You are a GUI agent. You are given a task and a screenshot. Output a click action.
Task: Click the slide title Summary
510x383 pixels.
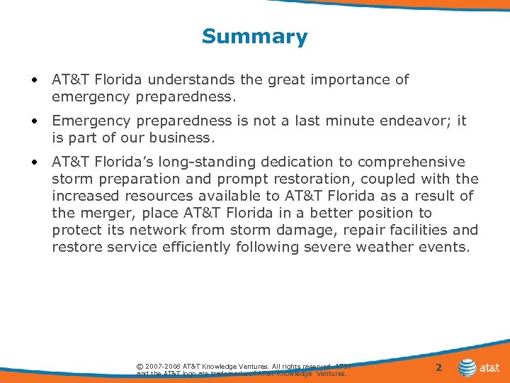click(x=254, y=36)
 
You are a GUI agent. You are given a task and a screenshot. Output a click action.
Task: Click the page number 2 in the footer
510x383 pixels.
click(x=438, y=367)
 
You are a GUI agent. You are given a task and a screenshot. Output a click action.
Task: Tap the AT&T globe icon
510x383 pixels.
click(x=467, y=367)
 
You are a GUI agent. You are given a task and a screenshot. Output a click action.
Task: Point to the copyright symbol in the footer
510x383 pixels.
click(x=140, y=366)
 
